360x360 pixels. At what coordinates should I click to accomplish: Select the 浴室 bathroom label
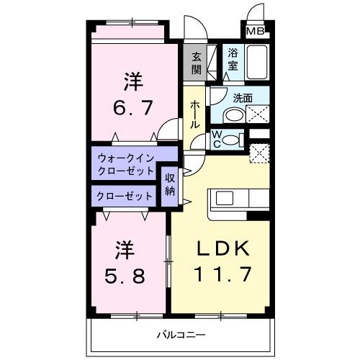pos(233,58)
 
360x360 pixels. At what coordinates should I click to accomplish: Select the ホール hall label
pos(194,114)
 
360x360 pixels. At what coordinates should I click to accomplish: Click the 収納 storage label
pos(170,184)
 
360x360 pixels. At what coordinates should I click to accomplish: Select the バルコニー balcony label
pos(182,335)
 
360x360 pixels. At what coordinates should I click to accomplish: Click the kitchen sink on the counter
pos(222,199)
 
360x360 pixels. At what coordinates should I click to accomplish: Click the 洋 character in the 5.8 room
pos(125,250)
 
